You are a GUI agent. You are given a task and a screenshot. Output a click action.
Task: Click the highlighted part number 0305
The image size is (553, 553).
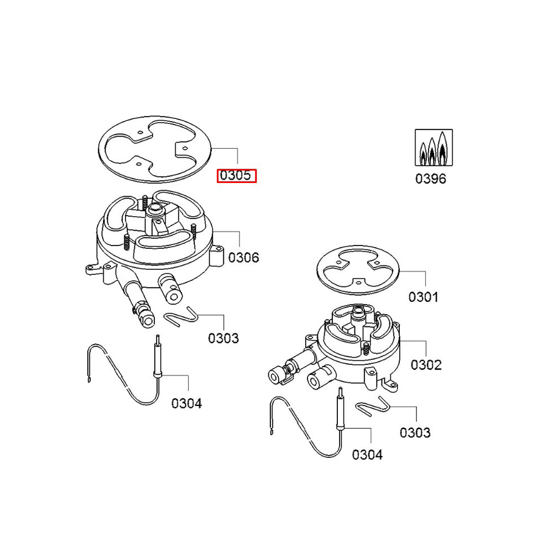click(x=237, y=176)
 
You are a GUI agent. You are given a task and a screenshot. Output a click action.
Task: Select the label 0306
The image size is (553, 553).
click(x=243, y=257)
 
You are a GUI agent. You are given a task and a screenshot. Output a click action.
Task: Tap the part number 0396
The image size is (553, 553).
click(x=430, y=179)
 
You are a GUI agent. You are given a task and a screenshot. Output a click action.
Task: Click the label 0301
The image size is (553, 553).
click(x=424, y=297)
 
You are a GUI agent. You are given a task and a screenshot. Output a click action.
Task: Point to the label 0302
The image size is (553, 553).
click(x=426, y=365)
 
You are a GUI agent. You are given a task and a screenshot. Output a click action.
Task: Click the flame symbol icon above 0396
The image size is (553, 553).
click(x=434, y=148)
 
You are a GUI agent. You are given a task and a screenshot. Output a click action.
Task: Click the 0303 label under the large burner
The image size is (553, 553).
click(x=223, y=338)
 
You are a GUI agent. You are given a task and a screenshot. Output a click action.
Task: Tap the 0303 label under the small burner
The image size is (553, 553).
click(x=415, y=432)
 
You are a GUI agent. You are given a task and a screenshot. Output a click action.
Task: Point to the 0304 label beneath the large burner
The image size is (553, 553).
click(x=186, y=403)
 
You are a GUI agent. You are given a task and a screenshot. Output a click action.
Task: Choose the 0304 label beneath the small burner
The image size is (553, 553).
click(x=367, y=455)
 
